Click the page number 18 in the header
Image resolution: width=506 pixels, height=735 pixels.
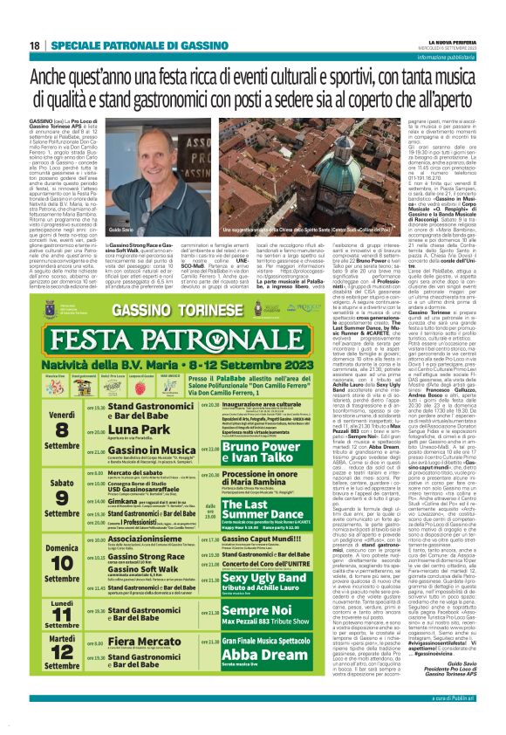[x=34, y=45]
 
